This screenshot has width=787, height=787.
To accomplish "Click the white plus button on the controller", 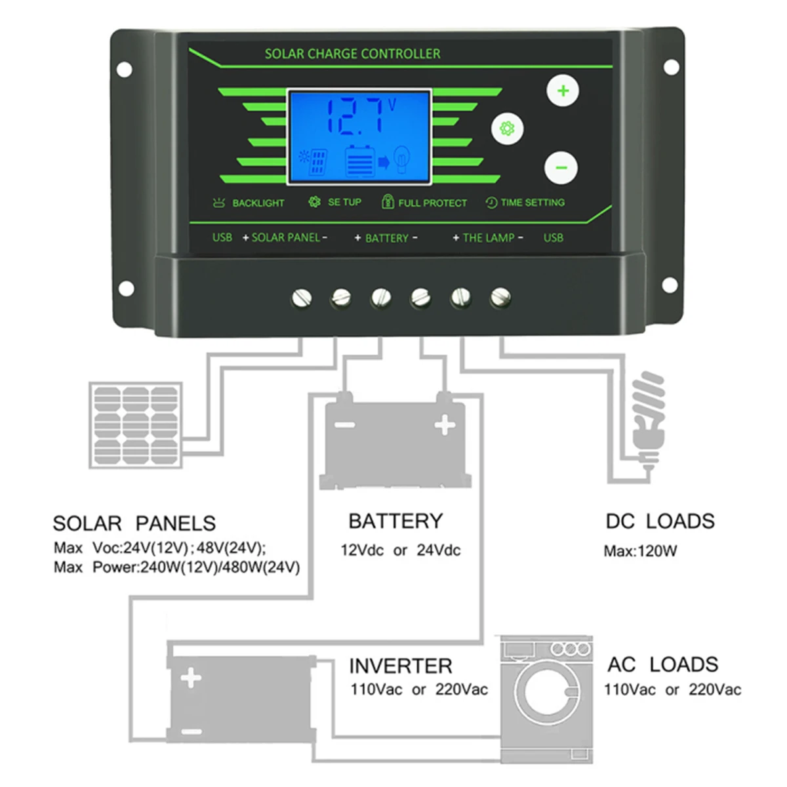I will tap(563, 91).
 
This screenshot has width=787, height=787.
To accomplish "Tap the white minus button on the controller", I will tap(561, 167).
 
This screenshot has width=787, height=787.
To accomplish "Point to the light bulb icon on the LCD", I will tap(401, 159).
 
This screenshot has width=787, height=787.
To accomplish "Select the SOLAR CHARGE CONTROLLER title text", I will tap(352, 54).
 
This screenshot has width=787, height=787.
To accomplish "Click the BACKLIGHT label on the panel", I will tap(258, 203).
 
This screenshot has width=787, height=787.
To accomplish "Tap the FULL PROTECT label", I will tap(432, 203).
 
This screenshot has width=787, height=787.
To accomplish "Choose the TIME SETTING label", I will tap(532, 203).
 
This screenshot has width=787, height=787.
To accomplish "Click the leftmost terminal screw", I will tap(301, 299).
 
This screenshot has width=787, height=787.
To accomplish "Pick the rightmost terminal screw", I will tap(500, 298).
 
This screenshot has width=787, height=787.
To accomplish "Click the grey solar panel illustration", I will tap(136, 426).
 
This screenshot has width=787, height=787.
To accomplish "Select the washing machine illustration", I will tap(547, 699).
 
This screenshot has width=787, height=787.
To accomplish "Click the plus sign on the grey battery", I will tap(445, 425).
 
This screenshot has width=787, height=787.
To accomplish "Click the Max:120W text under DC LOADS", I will tap(640, 551).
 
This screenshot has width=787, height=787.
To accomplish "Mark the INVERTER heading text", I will tap(400, 666).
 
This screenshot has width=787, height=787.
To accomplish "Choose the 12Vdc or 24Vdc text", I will tap(400, 550).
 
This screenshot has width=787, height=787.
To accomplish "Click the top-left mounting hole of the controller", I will tap(125, 69).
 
